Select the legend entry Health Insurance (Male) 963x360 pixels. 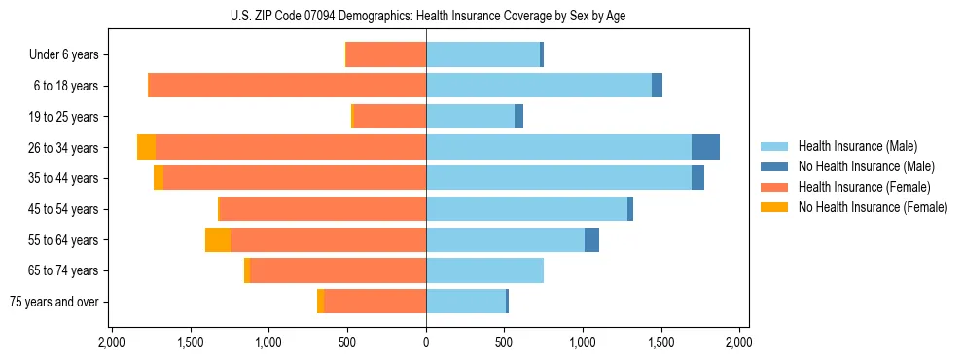click(x=852, y=146)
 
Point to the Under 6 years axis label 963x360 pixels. click(x=63, y=54)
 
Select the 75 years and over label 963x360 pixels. click(x=54, y=302)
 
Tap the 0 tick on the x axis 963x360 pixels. click(x=426, y=343)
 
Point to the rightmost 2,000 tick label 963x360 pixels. click(x=738, y=343)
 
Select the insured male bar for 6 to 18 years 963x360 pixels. click(x=539, y=86)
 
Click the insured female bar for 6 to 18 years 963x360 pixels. click(x=287, y=86)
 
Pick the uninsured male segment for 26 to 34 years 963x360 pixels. click(x=705, y=147)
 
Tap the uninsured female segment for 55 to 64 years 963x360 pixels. click(x=218, y=239)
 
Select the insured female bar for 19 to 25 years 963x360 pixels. click(x=390, y=117)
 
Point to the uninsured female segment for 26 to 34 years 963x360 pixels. click(x=146, y=147)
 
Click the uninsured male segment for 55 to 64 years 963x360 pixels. click(x=591, y=239)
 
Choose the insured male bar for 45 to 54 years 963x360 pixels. click(x=526, y=209)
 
